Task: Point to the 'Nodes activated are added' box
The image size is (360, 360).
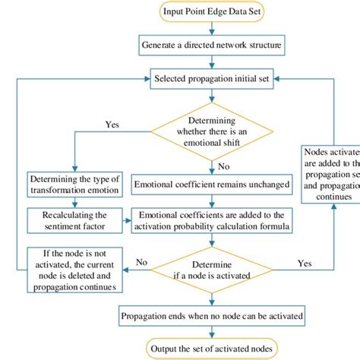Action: (x=330, y=174)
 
